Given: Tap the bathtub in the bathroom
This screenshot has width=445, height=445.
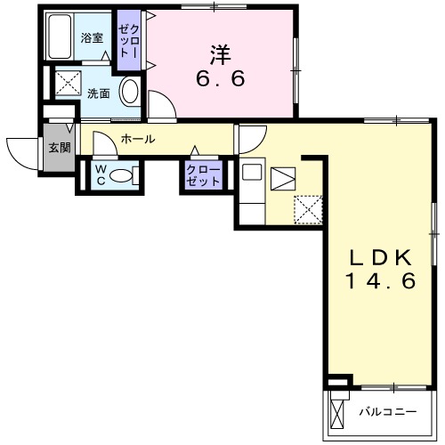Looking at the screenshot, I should coord(60,38).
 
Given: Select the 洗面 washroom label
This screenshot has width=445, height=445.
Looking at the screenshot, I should coord(98,93).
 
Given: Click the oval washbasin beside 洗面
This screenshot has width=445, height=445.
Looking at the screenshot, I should coord(130,93).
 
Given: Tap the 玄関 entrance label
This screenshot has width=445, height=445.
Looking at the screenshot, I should coord(60,147).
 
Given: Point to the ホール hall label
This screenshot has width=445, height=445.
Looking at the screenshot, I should coord(138,139).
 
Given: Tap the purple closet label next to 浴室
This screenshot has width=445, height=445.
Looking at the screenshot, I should coord(128,43).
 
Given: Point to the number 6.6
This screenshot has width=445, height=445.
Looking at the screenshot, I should coord(220,77).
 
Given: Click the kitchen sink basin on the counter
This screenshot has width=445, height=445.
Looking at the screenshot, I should coord(249,175).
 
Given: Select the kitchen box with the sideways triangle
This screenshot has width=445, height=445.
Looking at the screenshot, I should coord(283,178).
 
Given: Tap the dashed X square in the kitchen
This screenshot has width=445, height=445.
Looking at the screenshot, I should coord(308,209).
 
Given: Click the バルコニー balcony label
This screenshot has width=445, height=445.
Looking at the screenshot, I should coord(388,412).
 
